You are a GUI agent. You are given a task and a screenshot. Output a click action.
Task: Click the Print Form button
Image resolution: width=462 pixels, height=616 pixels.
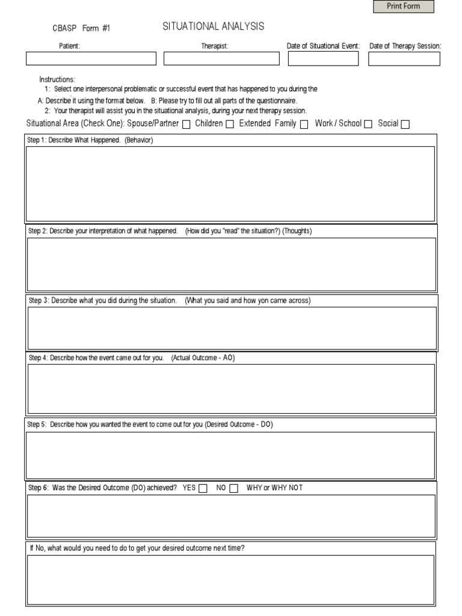point(403,7)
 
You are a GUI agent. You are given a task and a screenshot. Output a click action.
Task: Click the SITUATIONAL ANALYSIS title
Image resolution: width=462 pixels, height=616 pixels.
point(213,26)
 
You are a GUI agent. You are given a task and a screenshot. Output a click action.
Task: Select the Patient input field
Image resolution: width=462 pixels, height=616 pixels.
point(91,58)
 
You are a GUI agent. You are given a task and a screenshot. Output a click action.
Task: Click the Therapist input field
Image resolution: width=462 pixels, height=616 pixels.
point(221,58)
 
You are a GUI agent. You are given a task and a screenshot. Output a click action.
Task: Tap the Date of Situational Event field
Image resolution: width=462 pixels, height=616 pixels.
point(323,58)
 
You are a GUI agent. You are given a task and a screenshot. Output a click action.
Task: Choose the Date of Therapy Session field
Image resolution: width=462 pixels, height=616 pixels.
point(404,58)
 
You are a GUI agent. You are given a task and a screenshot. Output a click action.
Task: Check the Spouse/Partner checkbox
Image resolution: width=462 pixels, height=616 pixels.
point(186,125)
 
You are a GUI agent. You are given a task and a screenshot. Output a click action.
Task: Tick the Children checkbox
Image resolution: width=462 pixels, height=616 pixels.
point(230,125)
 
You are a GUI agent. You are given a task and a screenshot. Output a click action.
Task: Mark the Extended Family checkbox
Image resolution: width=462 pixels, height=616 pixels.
point(304,125)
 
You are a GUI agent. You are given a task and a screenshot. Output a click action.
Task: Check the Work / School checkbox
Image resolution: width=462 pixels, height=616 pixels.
point(368,125)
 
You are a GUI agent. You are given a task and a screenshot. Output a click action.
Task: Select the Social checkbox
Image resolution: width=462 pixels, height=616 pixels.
point(405,125)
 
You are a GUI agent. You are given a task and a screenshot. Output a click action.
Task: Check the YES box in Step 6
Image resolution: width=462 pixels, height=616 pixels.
point(203,488)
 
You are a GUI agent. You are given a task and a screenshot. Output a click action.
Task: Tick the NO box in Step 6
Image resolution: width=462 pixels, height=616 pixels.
point(234,488)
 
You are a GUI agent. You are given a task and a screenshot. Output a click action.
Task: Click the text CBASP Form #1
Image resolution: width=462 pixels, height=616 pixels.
point(82,28)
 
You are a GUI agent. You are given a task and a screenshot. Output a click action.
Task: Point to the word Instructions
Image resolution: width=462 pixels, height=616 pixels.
point(57,79)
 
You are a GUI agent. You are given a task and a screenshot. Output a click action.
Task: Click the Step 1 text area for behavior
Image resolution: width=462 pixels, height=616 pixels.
point(230,183)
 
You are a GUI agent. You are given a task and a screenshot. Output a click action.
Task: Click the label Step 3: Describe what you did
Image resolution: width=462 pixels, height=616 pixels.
point(103,301)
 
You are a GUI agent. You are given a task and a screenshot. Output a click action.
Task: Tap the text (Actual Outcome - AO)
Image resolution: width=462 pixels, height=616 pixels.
point(203,358)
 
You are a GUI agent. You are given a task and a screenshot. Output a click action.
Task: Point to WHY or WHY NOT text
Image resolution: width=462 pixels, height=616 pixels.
point(274,488)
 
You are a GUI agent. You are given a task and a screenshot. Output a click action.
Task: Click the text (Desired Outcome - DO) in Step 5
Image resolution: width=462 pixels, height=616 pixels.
point(239,425)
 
